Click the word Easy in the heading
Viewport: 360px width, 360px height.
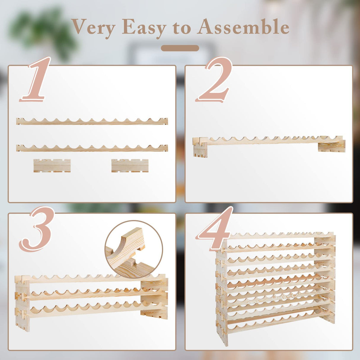(144, 27)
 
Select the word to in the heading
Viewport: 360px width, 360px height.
(182, 28)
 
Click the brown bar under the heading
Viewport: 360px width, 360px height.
(180, 48)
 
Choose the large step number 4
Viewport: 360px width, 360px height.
(215, 228)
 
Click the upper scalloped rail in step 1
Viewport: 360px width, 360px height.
(92, 121)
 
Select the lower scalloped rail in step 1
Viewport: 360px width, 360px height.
(92, 148)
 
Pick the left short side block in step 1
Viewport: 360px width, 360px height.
(52, 165)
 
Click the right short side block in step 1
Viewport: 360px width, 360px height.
(130, 165)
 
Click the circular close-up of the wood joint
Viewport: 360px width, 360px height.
(133, 249)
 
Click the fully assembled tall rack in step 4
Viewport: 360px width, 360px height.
(276, 285)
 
